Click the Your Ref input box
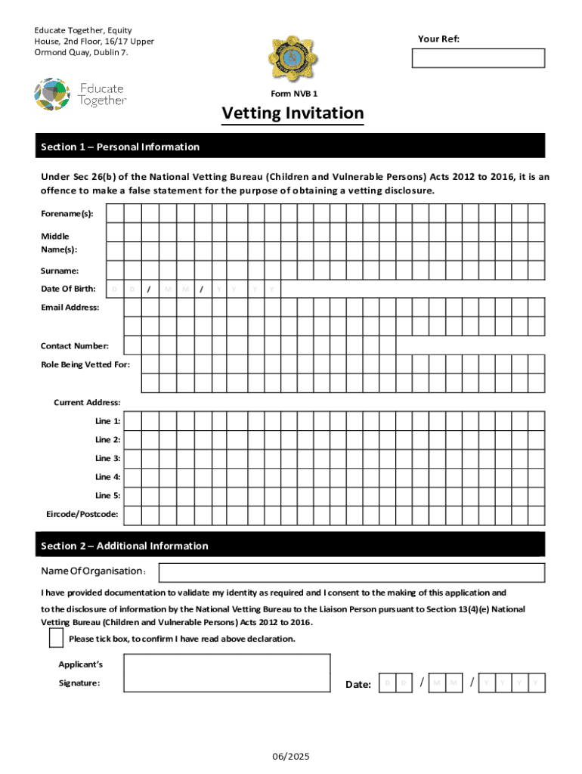point(478,58)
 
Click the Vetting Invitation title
point(293,113)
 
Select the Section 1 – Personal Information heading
point(120,147)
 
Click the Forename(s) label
point(67,214)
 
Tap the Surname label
point(60,271)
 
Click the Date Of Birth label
point(68,289)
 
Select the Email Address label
point(70,307)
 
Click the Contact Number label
point(74,345)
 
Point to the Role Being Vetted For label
point(85,364)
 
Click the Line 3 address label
point(107,458)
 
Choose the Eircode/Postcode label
point(82,515)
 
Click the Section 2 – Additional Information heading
point(125,546)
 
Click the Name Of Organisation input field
point(351,573)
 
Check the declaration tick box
point(56,639)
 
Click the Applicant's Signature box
point(227,673)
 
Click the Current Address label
point(87,402)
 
